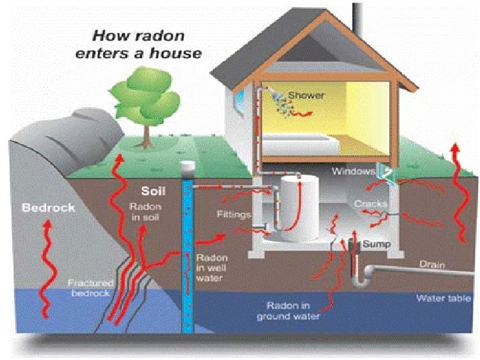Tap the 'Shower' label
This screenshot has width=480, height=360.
[x=306, y=95]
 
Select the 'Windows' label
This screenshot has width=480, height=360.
[x=353, y=171]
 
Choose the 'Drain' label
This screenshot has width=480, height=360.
[x=431, y=264]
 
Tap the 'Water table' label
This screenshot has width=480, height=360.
[x=444, y=298]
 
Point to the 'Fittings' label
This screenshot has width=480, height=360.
[x=233, y=215]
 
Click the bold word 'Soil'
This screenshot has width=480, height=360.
[x=153, y=191]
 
